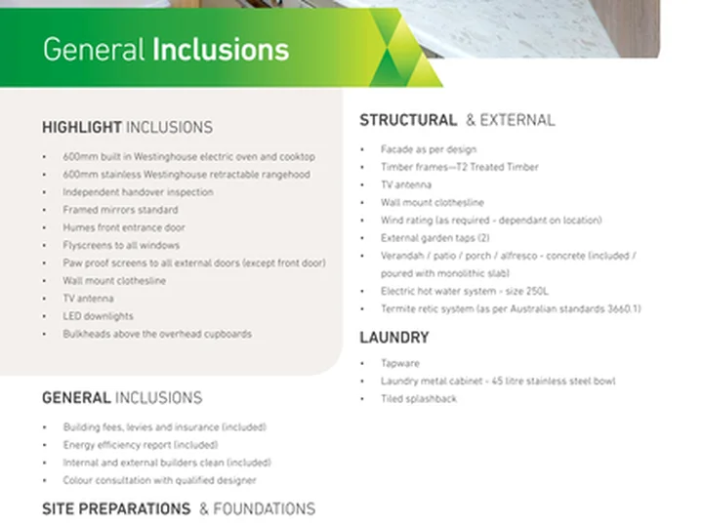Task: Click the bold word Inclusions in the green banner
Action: pyautogui.click(x=221, y=50)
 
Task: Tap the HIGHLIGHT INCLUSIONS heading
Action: pyautogui.click(x=127, y=127)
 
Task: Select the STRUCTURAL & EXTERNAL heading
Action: pyautogui.click(x=457, y=120)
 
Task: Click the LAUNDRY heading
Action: pyautogui.click(x=394, y=338)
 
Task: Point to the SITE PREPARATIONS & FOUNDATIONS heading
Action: pyautogui.click(x=179, y=509)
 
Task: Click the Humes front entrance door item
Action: pyautogui.click(x=124, y=227)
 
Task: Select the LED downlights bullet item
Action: pyautogui.click(x=98, y=316)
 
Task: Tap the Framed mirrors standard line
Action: pyautogui.click(x=120, y=210)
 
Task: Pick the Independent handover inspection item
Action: pyautogui.click(x=138, y=192)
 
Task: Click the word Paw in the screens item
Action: pyautogui.click(x=71, y=263)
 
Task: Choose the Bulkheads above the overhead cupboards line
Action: pyautogui.click(x=157, y=335)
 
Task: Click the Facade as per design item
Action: pyautogui.click(x=429, y=149)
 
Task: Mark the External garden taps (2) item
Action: pyautogui.click(x=434, y=238)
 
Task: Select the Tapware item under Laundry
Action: pyautogui.click(x=400, y=363)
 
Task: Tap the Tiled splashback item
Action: pyautogui.click(x=419, y=399)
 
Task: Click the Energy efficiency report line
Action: pyautogui.click(x=141, y=445)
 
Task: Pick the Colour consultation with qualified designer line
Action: pyautogui.click(x=159, y=480)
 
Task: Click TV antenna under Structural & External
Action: pyautogui.click(x=406, y=184)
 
